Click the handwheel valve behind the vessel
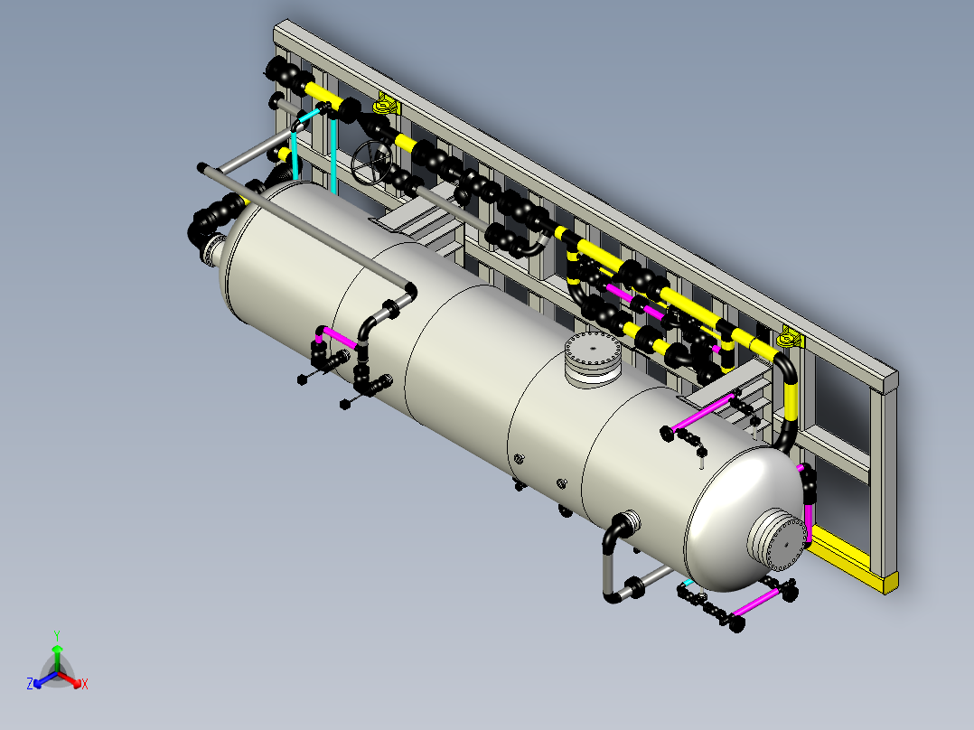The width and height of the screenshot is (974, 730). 372,163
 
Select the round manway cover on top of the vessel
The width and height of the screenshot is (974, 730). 593,359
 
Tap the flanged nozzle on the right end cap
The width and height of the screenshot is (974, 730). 778,538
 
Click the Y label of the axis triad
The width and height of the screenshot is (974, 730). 57,635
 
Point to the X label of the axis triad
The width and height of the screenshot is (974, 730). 85,684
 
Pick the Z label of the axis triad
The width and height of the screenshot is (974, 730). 30,683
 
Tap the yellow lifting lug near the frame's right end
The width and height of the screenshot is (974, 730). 790,337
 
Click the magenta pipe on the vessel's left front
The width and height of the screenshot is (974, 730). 338,337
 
